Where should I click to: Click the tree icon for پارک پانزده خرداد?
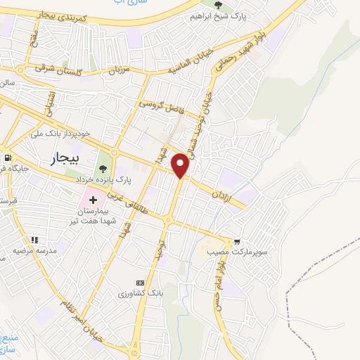pyautogui.click(x=104, y=169)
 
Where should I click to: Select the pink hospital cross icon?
pyautogui.click(x=93, y=202)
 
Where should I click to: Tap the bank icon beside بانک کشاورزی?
pyautogui.click(x=148, y=281)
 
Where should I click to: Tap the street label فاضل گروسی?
pyautogui.click(x=160, y=106)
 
